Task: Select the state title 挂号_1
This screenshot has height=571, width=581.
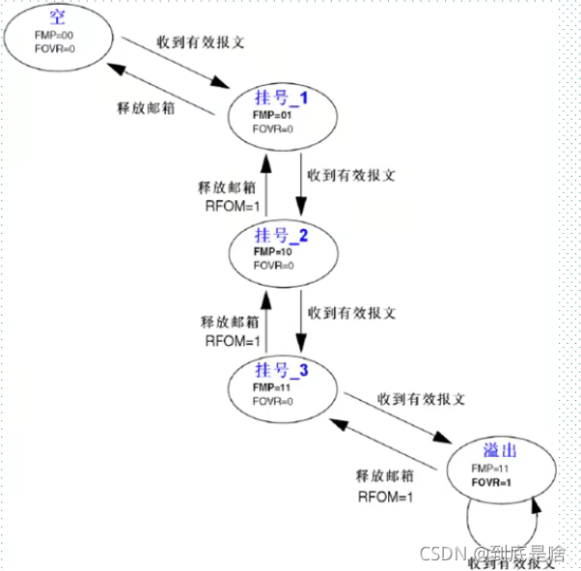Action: (x=279, y=99)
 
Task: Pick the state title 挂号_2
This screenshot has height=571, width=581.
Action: (x=280, y=237)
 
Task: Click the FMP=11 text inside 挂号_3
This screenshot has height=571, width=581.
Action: (x=272, y=387)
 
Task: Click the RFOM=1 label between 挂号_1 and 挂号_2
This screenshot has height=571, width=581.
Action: (x=228, y=205)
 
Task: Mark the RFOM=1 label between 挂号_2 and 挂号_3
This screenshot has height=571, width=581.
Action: (x=228, y=340)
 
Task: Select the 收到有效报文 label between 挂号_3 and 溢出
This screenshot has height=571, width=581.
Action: (x=423, y=398)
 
